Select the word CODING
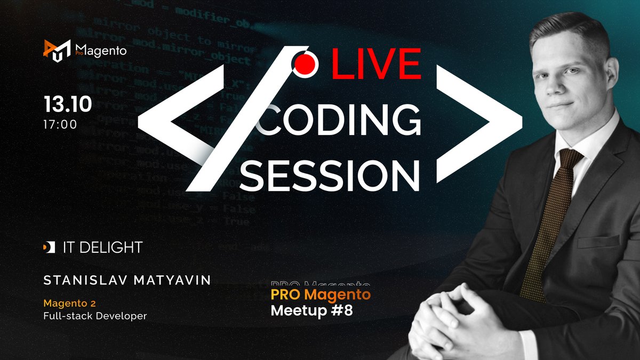tap(339, 120)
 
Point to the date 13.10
tap(68, 105)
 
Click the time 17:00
tap(61, 125)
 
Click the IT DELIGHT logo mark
tap(49, 247)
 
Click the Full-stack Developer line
tap(95, 316)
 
